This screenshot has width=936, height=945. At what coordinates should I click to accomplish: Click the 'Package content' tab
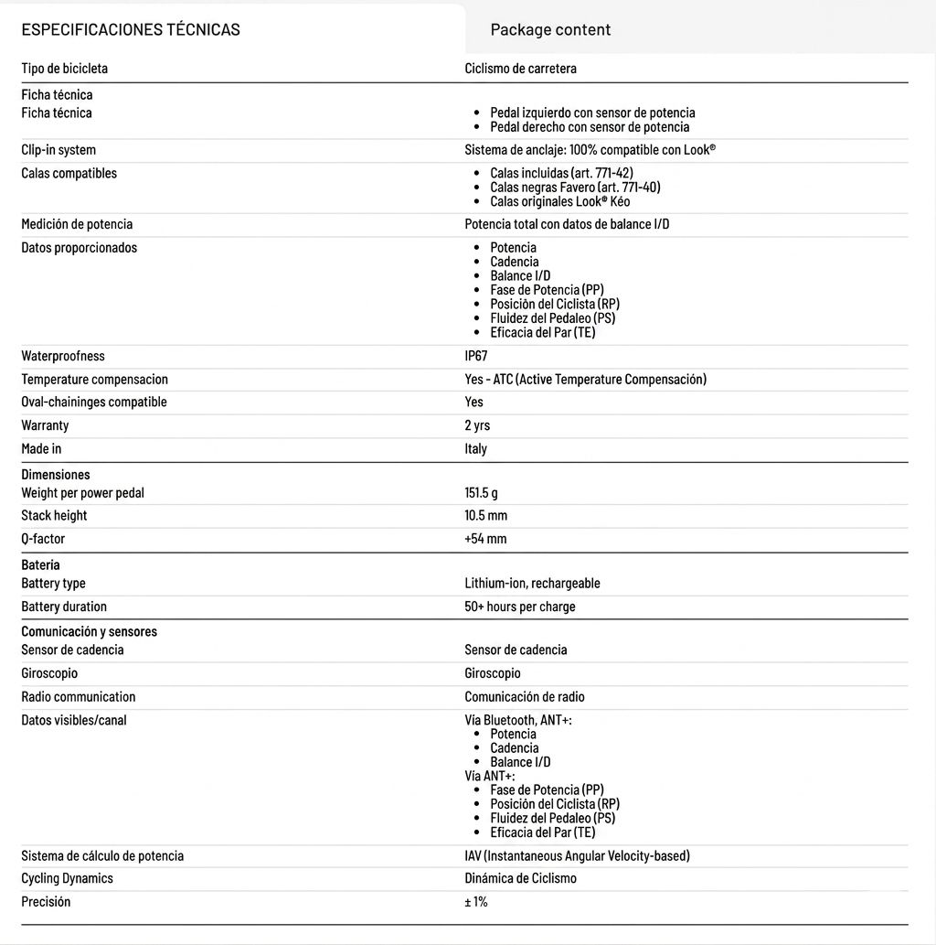click(x=550, y=29)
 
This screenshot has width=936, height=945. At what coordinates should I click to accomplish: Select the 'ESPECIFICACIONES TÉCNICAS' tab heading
click(x=131, y=29)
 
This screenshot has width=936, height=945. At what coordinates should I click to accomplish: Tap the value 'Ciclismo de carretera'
click(x=520, y=69)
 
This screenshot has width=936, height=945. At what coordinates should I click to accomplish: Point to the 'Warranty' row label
click(x=45, y=425)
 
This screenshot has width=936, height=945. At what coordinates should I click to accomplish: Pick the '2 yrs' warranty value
click(x=477, y=425)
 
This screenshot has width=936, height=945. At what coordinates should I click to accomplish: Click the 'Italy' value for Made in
click(x=475, y=449)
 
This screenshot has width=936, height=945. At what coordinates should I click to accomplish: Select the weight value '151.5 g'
click(x=481, y=493)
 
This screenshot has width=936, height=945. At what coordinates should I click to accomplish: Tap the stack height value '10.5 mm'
click(x=485, y=516)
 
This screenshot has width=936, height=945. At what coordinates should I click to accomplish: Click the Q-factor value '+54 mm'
click(x=485, y=539)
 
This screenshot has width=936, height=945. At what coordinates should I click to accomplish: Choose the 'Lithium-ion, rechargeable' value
click(x=532, y=584)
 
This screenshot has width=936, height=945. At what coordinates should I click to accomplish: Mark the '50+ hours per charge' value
click(x=520, y=607)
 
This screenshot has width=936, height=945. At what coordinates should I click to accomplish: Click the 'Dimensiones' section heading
click(x=56, y=475)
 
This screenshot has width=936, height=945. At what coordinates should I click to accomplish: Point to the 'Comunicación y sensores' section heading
click(x=90, y=631)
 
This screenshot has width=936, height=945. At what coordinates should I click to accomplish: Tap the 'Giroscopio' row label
click(x=49, y=673)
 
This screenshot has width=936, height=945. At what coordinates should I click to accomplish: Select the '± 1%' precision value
click(x=476, y=902)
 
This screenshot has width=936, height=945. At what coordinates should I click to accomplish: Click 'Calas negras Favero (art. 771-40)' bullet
click(x=575, y=188)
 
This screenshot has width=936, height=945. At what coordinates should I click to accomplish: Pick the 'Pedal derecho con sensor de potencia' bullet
click(x=590, y=127)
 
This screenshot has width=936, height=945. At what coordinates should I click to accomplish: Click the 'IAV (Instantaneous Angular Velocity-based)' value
click(x=577, y=856)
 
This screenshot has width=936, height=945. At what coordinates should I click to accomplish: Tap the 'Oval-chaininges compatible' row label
click(x=94, y=403)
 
